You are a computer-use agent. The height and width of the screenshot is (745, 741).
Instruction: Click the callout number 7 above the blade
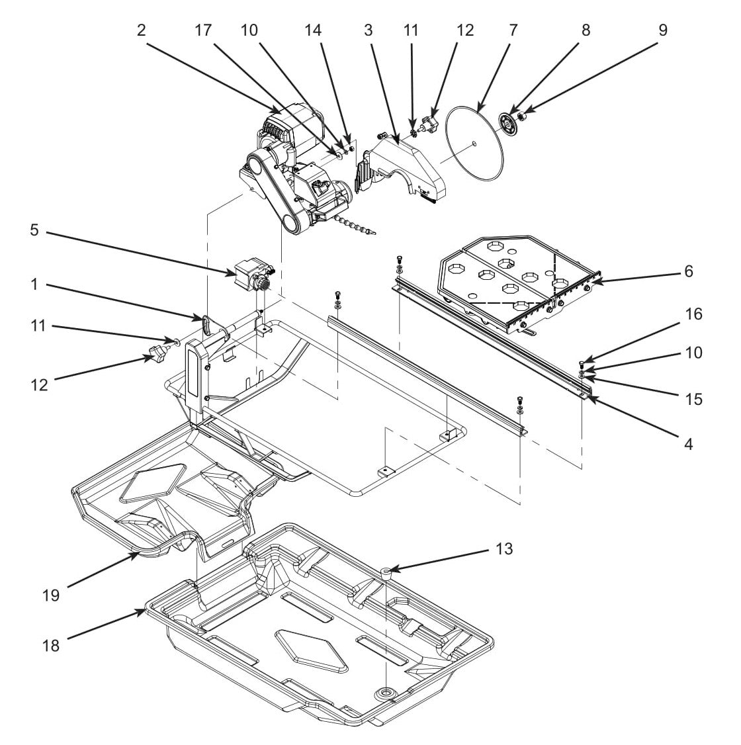coord(513,30)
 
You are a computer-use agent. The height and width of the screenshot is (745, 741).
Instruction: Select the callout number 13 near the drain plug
coord(504,548)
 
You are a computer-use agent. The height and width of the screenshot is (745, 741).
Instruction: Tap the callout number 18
coord(50,646)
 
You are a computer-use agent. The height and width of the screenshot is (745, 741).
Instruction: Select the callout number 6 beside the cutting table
coord(688,271)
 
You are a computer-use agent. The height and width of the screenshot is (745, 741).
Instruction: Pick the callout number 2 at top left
coord(141,30)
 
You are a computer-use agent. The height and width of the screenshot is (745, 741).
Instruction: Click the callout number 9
coord(662,30)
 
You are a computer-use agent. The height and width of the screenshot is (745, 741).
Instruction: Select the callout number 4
coord(688,445)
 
